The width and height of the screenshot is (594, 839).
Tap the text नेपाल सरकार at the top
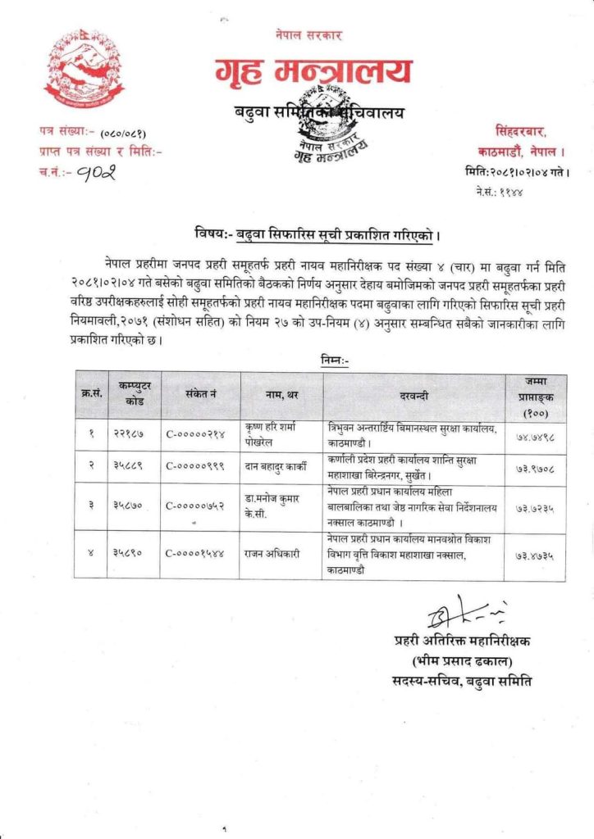pyautogui.click(x=308, y=35)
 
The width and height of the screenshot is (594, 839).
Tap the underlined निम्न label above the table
pyautogui.click(x=331, y=359)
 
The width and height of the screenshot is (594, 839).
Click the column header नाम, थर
pyautogui.click(x=281, y=397)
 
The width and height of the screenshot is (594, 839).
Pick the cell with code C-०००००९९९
pyautogui.click(x=199, y=465)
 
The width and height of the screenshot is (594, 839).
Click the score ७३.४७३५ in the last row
pyautogui.click(x=533, y=555)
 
